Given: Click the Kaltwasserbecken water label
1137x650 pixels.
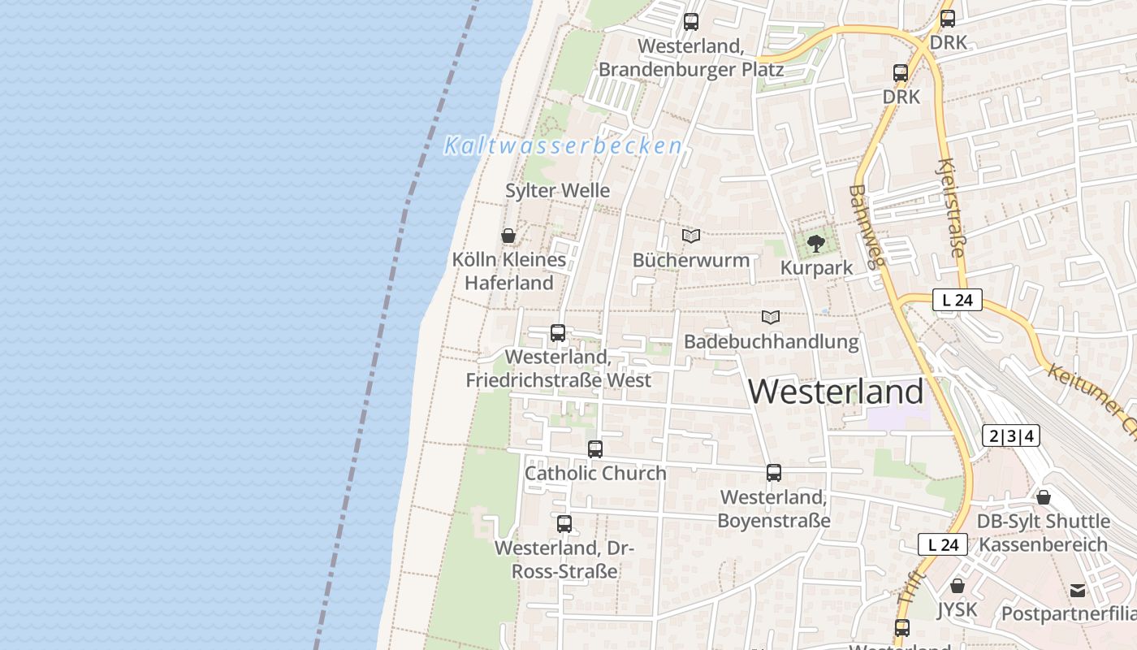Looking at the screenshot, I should pyautogui.click(x=563, y=146).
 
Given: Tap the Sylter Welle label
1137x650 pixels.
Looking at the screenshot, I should pyautogui.click(x=557, y=191).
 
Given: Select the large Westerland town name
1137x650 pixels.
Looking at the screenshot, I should pyautogui.click(x=836, y=392).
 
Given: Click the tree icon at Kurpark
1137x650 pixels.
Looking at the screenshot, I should pyautogui.click(x=816, y=244).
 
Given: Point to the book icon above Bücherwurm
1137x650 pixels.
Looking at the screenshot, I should pyautogui.click(x=691, y=236).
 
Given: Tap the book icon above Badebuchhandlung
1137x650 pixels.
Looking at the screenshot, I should pyautogui.click(x=771, y=317).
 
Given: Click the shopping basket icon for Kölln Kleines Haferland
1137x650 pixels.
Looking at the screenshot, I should pyautogui.click(x=508, y=236).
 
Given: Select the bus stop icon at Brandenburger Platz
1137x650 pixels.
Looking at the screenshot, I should pyautogui.click(x=691, y=22).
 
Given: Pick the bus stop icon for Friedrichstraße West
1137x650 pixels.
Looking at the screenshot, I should pyautogui.click(x=558, y=332).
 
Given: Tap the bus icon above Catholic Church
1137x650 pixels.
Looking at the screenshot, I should pyautogui.click(x=595, y=449).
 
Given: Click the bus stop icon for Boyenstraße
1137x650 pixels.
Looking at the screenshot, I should pyautogui.click(x=774, y=473).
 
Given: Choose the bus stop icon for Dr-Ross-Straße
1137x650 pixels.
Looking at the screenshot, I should pyautogui.click(x=564, y=524).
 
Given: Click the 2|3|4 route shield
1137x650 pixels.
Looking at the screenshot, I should pyautogui.click(x=1011, y=436).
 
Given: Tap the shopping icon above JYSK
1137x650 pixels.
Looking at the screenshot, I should pyautogui.click(x=958, y=586).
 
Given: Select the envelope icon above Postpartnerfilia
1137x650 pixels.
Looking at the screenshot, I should pyautogui.click(x=1078, y=590).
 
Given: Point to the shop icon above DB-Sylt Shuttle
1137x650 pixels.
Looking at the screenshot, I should pyautogui.click(x=1044, y=497).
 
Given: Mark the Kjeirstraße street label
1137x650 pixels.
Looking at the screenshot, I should pyautogui.click(x=950, y=208).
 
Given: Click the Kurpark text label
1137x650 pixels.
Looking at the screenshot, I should pyautogui.click(x=816, y=268).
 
